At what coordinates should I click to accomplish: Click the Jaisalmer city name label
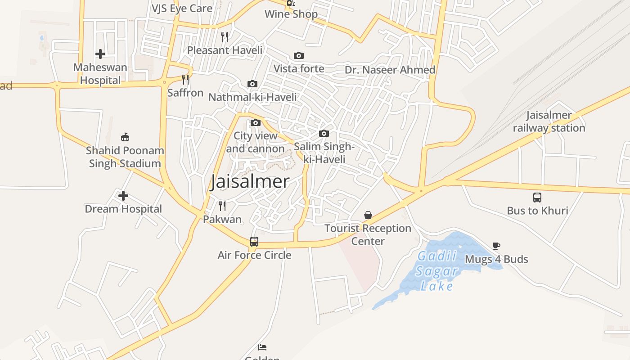(x=250, y=182)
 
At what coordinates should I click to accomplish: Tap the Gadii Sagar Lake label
(x=436, y=271)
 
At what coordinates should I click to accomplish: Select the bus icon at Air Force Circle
(x=254, y=242)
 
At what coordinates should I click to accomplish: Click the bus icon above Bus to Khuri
(x=537, y=197)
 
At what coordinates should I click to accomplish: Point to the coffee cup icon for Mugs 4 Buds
(x=496, y=246)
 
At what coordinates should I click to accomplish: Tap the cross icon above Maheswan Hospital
(x=100, y=54)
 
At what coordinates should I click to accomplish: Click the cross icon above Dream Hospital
(x=123, y=196)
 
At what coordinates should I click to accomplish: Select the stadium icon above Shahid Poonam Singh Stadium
(x=125, y=137)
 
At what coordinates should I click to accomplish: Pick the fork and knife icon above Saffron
(x=185, y=80)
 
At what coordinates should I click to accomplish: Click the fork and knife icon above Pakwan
(x=222, y=206)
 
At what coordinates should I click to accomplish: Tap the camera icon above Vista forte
(x=299, y=55)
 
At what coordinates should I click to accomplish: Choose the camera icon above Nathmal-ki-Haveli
(x=252, y=84)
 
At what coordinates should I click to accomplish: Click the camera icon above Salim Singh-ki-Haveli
(x=324, y=134)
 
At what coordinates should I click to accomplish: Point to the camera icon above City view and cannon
(x=256, y=122)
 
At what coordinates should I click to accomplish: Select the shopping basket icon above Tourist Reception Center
(x=368, y=215)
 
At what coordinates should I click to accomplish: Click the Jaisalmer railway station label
(x=549, y=121)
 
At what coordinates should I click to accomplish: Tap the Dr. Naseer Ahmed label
(x=390, y=70)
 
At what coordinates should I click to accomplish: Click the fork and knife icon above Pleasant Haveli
(x=225, y=36)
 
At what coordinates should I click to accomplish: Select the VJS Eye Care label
(x=182, y=8)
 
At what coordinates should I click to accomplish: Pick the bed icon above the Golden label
(x=262, y=347)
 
